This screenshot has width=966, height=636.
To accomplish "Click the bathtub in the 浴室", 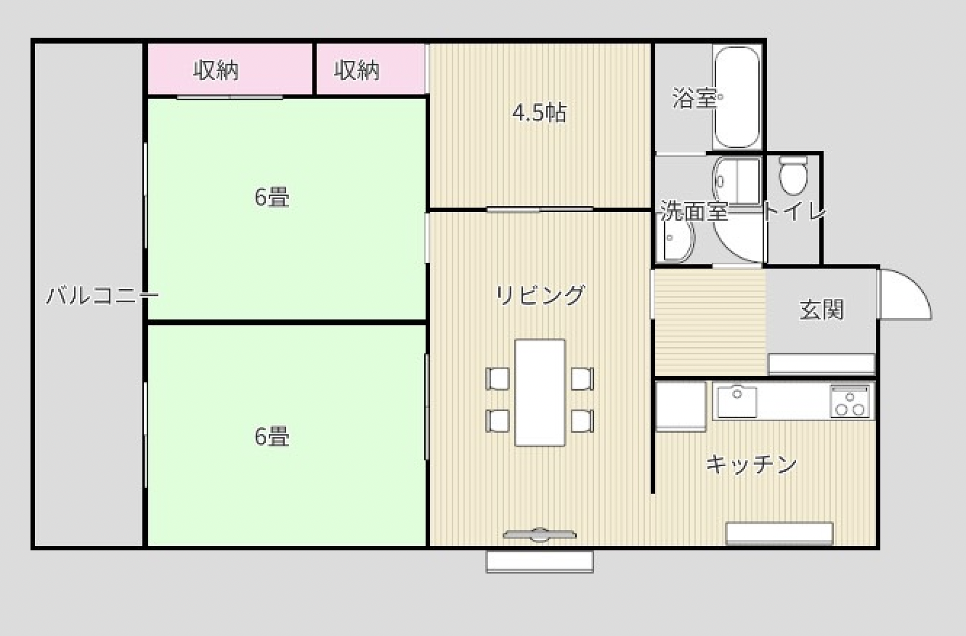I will (737, 98).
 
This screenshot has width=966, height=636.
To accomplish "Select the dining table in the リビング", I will (540, 392).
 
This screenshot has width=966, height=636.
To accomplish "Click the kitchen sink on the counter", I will (737, 401).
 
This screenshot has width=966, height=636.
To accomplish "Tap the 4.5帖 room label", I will (539, 113).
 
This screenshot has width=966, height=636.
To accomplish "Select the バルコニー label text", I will (102, 296).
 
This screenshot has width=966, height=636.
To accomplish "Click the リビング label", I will (540, 295).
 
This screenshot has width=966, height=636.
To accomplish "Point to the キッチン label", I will (751, 464).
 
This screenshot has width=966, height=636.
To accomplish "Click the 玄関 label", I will (821, 310).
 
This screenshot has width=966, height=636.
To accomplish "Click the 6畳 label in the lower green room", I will (272, 436).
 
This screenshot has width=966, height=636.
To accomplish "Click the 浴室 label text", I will (694, 98).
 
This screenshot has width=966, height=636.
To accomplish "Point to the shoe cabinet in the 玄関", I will (821, 364).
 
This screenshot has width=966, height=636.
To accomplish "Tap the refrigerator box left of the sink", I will (681, 406).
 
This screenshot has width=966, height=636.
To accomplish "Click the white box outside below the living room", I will (540, 561).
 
